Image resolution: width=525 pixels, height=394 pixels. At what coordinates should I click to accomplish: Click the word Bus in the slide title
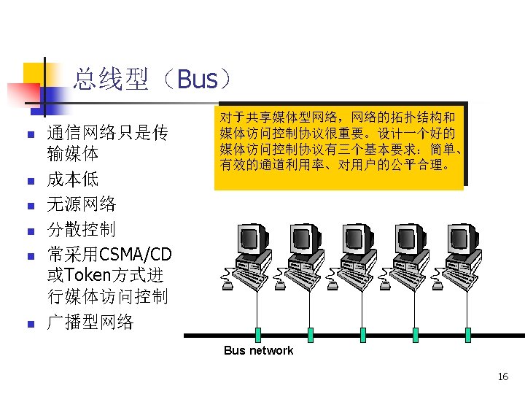197,79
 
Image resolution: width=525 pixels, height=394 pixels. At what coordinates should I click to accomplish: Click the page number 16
502,376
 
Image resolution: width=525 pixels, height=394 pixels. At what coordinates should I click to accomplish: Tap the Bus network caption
258,351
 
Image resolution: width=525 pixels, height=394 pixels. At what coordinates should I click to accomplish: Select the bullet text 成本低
72,179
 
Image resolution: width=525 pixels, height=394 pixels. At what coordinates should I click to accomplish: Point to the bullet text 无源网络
81,204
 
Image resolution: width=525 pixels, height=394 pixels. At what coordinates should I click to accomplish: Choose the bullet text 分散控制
81,229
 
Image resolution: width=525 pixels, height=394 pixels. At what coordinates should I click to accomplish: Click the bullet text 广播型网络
90,322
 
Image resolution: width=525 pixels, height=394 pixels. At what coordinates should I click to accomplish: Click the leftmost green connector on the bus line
257,335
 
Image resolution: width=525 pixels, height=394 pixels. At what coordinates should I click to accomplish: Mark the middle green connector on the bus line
362,335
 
